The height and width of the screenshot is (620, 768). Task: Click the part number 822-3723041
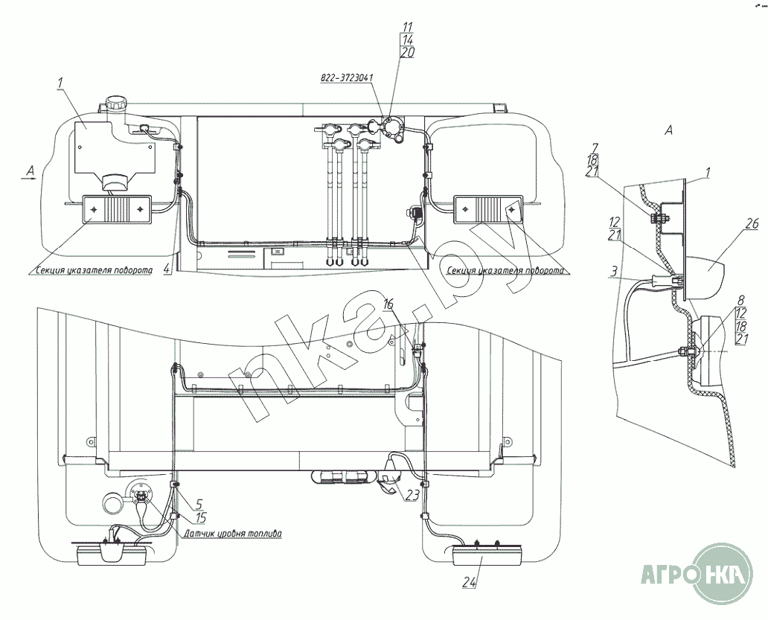[x=347, y=78]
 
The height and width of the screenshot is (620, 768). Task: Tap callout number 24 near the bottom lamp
[x=470, y=582]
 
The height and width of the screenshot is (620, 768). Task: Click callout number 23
[x=413, y=495]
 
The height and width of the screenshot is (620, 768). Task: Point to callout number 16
[x=388, y=304]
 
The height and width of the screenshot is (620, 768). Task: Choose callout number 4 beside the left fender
[x=167, y=268]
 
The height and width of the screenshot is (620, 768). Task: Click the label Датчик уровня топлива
[x=233, y=534]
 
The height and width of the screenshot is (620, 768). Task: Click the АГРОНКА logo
[x=697, y=574]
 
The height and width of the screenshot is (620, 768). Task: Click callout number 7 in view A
[x=595, y=148]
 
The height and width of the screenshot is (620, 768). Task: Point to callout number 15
[x=199, y=517]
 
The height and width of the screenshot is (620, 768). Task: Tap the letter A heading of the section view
[x=668, y=130]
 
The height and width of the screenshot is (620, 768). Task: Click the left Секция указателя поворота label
[x=94, y=270]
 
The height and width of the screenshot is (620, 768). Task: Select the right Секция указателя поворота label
[x=505, y=270]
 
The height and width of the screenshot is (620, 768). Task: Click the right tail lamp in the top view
[x=488, y=209]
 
